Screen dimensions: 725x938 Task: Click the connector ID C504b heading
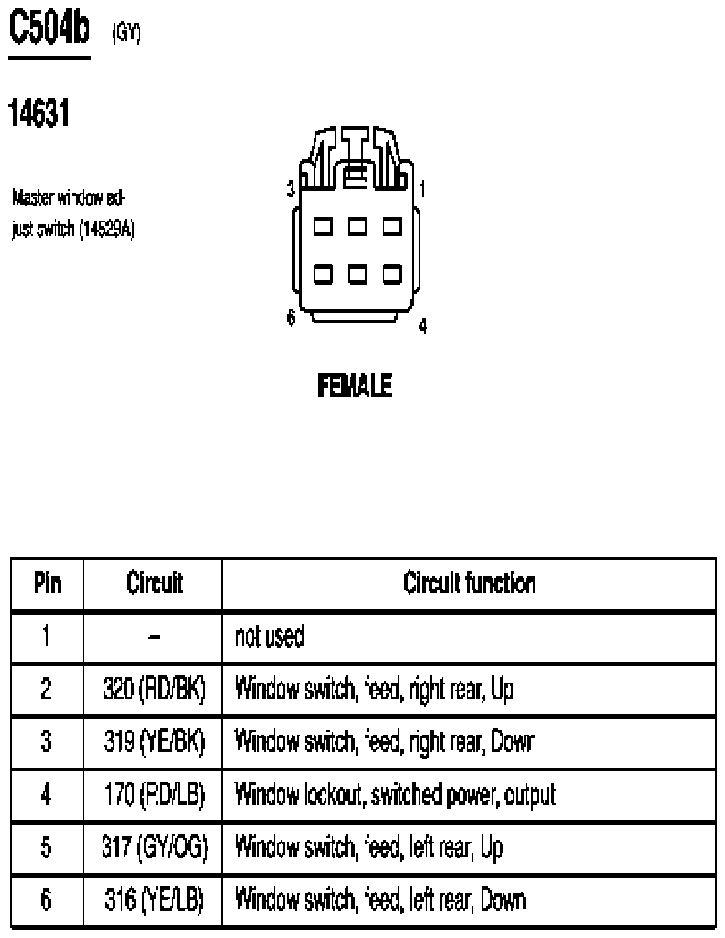[x=49, y=28]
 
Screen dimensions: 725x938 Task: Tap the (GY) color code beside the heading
[x=126, y=33]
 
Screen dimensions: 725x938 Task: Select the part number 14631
[x=39, y=113]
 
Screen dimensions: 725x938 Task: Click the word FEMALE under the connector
[x=354, y=385]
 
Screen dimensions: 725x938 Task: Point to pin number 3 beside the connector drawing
[x=291, y=189]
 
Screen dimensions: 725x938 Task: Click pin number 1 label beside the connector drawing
[x=422, y=189]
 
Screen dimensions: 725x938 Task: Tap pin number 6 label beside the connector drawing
[x=291, y=317]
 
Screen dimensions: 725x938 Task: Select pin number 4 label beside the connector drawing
[x=423, y=326]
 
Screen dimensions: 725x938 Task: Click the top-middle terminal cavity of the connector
[x=358, y=227]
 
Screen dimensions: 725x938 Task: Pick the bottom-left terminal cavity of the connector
[x=324, y=274]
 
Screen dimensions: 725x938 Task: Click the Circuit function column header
[x=469, y=582]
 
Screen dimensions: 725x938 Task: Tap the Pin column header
[x=47, y=582]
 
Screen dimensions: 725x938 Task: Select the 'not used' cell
[x=269, y=636]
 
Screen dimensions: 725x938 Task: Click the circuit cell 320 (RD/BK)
[x=154, y=689]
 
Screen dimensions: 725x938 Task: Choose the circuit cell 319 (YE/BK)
[x=154, y=741]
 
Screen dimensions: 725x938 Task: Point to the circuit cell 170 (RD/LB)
[x=155, y=794]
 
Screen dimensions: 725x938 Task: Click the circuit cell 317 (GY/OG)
[x=155, y=847]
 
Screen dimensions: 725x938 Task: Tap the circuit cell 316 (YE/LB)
[x=154, y=900]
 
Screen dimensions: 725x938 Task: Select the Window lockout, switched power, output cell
[x=395, y=794]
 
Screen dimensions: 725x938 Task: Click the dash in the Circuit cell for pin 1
[x=154, y=637]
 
